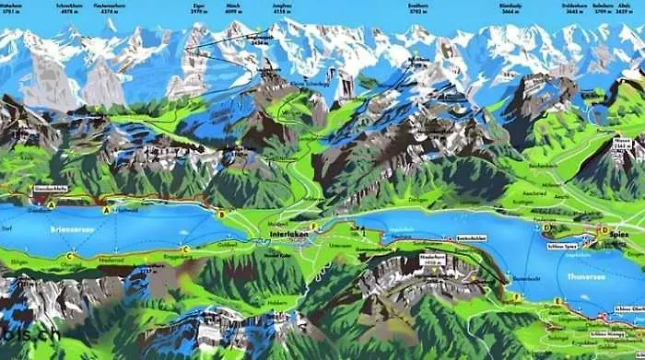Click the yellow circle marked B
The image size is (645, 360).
click(x=221, y=215)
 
